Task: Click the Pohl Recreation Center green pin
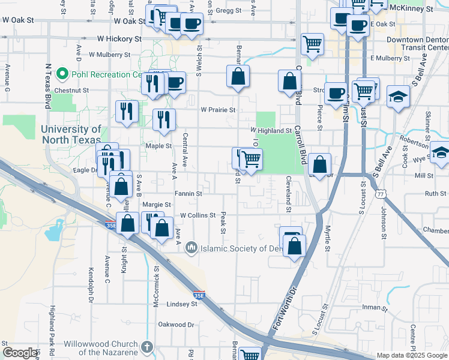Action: click(61, 74)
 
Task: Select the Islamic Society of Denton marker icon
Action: click(191, 247)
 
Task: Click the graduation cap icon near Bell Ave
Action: click(398, 97)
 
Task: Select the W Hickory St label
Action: click(119, 38)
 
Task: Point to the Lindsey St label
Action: click(182, 304)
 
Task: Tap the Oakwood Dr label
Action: click(176, 325)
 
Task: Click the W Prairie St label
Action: click(218, 110)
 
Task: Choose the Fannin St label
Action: click(188, 194)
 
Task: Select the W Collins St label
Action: click(198, 215)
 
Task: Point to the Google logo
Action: click(20, 353)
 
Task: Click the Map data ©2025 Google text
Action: click(412, 355)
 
